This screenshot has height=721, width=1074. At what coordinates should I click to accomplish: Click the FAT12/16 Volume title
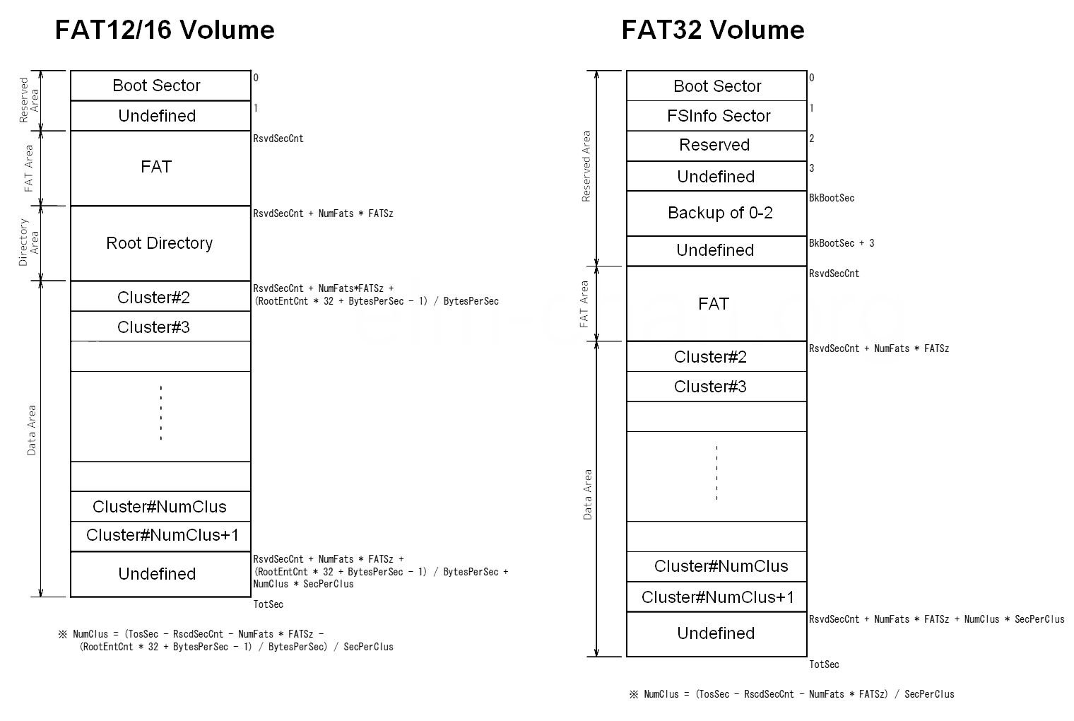165,30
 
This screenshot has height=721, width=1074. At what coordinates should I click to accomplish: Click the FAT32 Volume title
713,30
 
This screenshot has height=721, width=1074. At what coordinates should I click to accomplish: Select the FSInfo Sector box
717,116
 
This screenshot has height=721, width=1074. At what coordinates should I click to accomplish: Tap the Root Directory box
160,243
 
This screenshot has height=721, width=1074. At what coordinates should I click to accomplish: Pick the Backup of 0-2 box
717,213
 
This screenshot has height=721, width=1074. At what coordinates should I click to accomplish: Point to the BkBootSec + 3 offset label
842,243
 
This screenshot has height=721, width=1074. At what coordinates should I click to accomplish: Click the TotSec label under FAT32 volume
824,664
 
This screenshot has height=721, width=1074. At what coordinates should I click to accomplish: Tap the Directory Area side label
28,242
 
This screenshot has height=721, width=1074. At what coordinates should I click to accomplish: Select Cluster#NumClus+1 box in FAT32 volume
717,597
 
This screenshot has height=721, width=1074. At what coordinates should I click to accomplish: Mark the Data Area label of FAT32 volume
588,495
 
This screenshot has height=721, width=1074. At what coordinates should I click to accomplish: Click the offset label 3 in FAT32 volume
812,168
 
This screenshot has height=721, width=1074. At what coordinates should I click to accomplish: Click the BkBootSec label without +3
832,198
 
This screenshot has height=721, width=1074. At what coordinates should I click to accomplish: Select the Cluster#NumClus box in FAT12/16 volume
160,507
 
